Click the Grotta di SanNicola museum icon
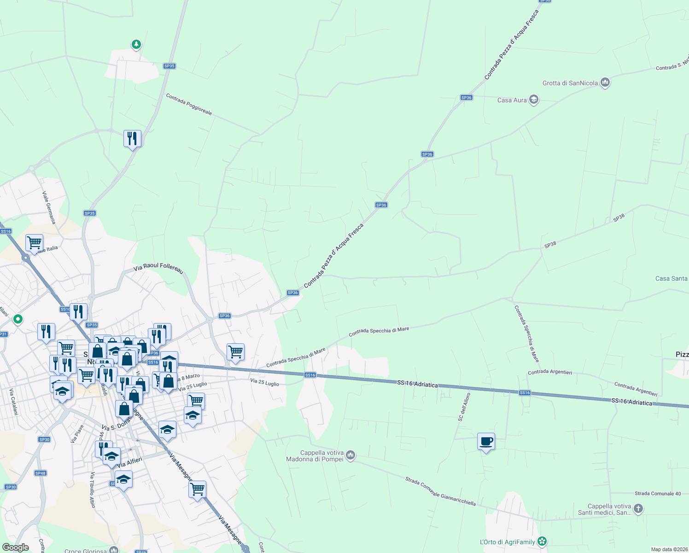[605, 83]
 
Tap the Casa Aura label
[512, 100]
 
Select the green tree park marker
[136, 45]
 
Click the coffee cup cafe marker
[486, 442]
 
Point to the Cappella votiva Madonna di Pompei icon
[350, 456]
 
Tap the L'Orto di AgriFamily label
[507, 542]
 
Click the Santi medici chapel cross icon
[638, 509]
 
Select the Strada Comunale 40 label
[657, 494]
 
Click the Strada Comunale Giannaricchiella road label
[440, 492]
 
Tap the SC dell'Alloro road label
[464, 407]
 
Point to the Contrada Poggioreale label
[189, 105]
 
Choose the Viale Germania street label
[49, 208]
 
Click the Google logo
[16, 547]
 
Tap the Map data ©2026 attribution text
[669, 549]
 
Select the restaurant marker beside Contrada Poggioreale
[132, 138]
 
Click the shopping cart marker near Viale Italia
[34, 243]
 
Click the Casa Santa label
[671, 278]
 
